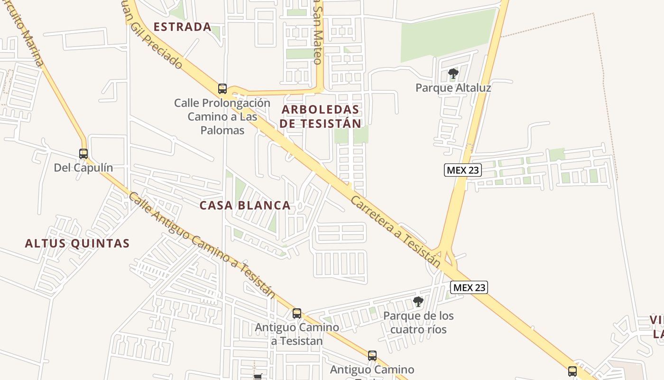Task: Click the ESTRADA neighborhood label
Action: point(183,27)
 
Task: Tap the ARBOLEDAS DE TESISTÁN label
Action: point(320,116)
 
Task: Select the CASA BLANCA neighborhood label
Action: point(245,205)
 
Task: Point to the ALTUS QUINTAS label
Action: point(77,243)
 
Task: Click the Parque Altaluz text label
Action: point(453,88)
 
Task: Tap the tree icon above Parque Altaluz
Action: point(453,74)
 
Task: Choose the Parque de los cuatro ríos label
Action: point(418,322)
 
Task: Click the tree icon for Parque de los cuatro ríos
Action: point(418,301)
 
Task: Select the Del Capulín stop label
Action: point(83,168)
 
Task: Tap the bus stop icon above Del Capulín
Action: point(83,154)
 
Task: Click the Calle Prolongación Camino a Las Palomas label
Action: point(222,116)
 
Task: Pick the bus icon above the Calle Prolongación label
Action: point(222,88)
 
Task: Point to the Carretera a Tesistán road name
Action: point(396,231)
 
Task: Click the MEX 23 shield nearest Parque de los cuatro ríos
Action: point(469,287)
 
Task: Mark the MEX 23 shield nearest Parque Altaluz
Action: point(463,170)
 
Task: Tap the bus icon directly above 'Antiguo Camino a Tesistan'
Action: point(297,313)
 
